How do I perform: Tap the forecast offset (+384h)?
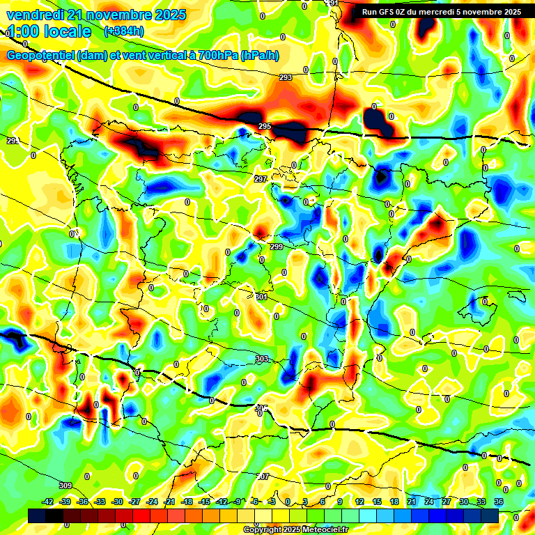[x=124, y=31]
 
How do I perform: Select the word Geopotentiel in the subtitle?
[x=43, y=56]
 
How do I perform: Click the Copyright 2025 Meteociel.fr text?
[x=296, y=529]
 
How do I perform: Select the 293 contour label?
[x=286, y=77]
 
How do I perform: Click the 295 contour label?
[x=265, y=126]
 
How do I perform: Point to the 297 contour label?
[x=261, y=179]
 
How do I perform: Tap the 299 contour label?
[x=277, y=247]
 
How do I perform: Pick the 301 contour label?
[x=262, y=297]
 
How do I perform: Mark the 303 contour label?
[x=262, y=359]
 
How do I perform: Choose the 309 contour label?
[x=65, y=486]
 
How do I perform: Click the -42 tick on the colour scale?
[x=48, y=502]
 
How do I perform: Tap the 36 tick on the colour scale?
[x=499, y=502]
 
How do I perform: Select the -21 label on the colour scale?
[x=169, y=502]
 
